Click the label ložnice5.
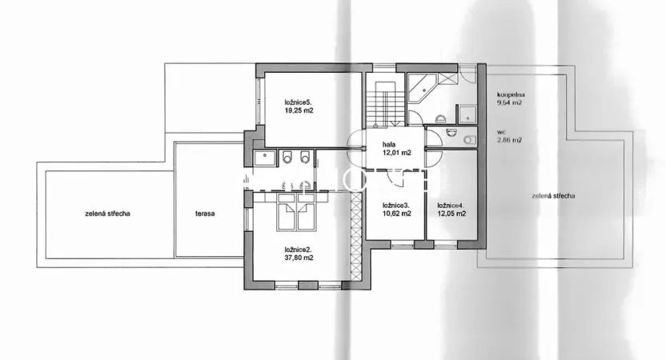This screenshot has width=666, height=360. pyautogui.click(x=299, y=102)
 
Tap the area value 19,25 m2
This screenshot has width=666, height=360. pyautogui.click(x=299, y=112)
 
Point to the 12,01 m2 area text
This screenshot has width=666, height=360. pyautogui.click(x=395, y=152)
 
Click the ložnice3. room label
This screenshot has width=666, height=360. pyautogui.click(x=395, y=206)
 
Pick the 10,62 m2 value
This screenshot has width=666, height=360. pyautogui.click(x=395, y=214)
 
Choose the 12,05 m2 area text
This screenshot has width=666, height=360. pyautogui.click(x=451, y=214)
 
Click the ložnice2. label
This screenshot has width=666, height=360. pyautogui.click(x=298, y=249)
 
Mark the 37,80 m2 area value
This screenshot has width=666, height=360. pyautogui.click(x=298, y=258)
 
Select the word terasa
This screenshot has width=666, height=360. pyautogui.click(x=205, y=214)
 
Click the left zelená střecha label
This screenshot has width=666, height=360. pyautogui.click(x=108, y=214)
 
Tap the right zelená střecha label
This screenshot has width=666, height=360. pyautogui.click(x=553, y=196)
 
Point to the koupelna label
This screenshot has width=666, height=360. pyautogui.click(x=511, y=94)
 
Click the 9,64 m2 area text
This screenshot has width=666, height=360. pyautogui.click(x=510, y=102)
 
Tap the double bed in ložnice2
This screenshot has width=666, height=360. pyautogui.click(x=289, y=210)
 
